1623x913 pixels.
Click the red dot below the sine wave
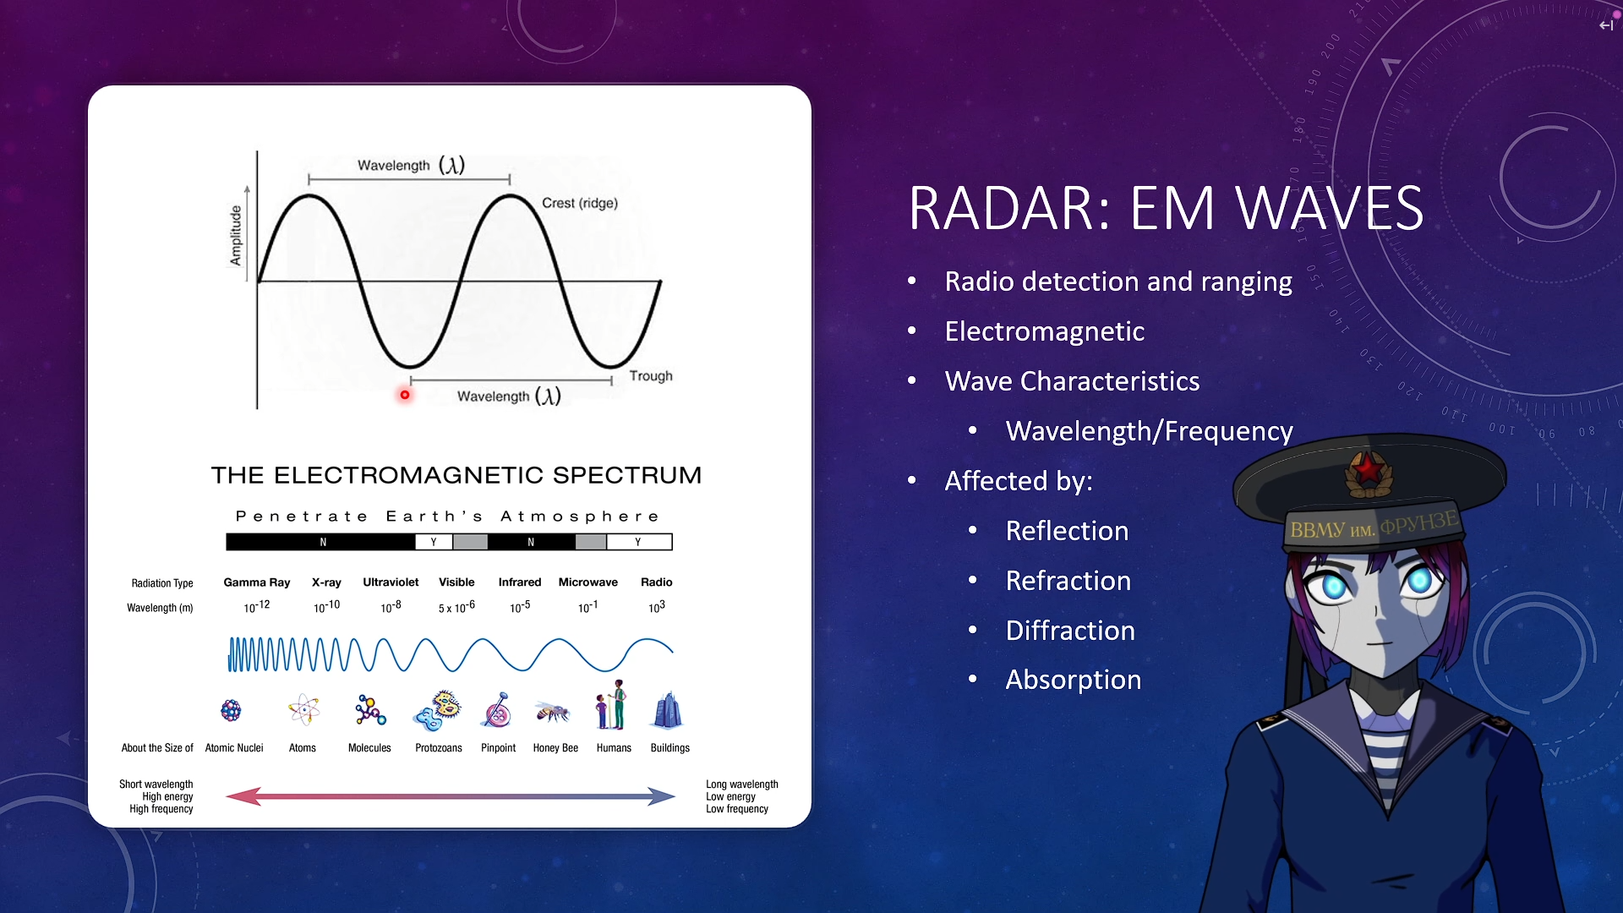pos(405,395)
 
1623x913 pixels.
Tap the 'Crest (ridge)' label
pos(580,203)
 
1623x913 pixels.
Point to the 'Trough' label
pos(651,376)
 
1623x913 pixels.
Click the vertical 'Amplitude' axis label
pos(236,235)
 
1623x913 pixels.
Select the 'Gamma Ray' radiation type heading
pos(257,582)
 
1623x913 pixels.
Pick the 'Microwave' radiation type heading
pos(588,582)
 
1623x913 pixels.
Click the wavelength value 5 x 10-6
pos(456,607)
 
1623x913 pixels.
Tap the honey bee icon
pos(553,713)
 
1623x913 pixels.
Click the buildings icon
pos(669,710)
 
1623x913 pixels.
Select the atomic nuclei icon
pos(231,710)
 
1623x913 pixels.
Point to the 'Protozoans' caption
pos(439,748)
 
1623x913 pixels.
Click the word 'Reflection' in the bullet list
pos(1067,531)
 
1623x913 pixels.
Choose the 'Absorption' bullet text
pos(1074,681)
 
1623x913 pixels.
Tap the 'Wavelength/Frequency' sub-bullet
pos(1150,431)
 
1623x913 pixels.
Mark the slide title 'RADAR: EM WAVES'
pos(1167,208)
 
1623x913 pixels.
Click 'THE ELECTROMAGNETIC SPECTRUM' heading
pos(456,475)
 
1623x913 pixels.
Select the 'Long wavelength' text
pos(742,785)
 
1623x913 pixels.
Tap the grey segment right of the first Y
pos(471,542)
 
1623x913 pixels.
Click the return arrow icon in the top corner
pos(1606,25)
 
